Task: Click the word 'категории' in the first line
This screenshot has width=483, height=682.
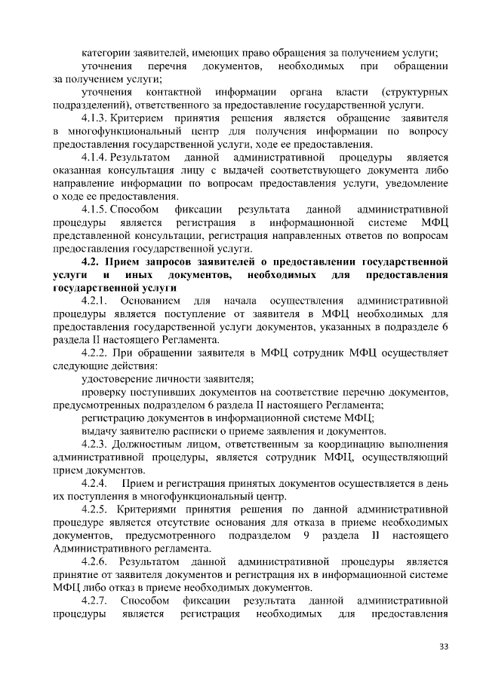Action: coord(105,53)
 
